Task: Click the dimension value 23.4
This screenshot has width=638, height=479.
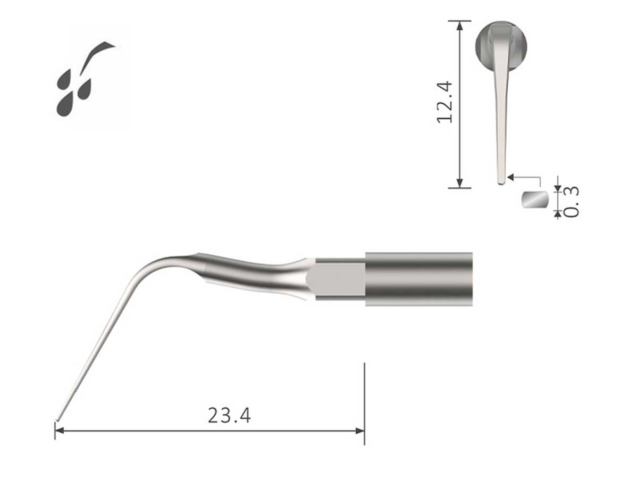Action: pyautogui.click(x=229, y=415)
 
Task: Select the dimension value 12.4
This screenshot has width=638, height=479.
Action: pyautogui.click(x=444, y=102)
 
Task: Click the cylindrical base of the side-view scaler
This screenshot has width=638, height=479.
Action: pyautogui.click(x=418, y=279)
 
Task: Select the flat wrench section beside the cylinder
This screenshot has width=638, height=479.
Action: pyautogui.click(x=339, y=279)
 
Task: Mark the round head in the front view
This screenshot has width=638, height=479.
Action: pyautogui.click(x=501, y=45)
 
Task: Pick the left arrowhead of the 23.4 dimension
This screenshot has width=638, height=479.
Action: pyautogui.click(x=60, y=431)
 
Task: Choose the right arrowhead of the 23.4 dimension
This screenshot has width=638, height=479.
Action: pyautogui.click(x=360, y=431)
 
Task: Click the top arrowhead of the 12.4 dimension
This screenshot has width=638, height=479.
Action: pyautogui.click(x=459, y=24)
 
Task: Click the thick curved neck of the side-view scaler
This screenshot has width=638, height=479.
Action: pyautogui.click(x=250, y=274)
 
